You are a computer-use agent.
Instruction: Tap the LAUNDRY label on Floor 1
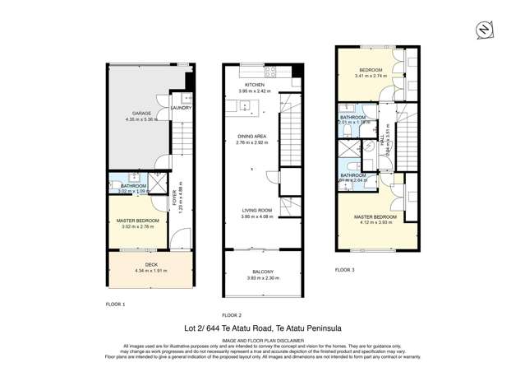pos(181,108)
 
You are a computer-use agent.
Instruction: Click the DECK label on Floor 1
pos(150,264)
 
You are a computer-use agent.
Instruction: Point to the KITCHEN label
pos(254,84)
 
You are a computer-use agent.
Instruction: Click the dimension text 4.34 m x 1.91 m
pos(150,270)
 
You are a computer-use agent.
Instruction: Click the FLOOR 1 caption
pos(115,304)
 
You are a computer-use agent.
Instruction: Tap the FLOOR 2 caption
pos(232,314)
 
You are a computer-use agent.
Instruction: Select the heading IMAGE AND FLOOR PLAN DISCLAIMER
pos(262,339)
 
